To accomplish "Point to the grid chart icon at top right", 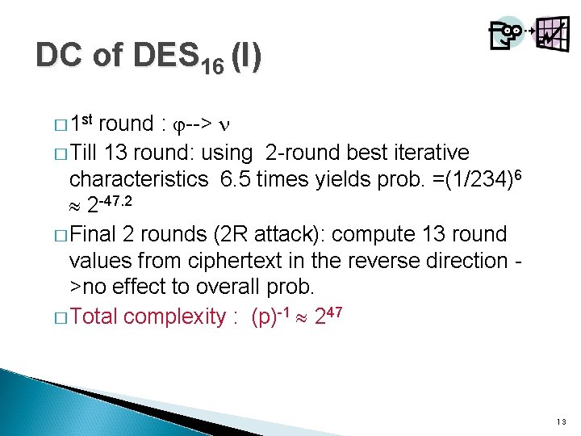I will point(551,34).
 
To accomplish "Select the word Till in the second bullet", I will point(90,153).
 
